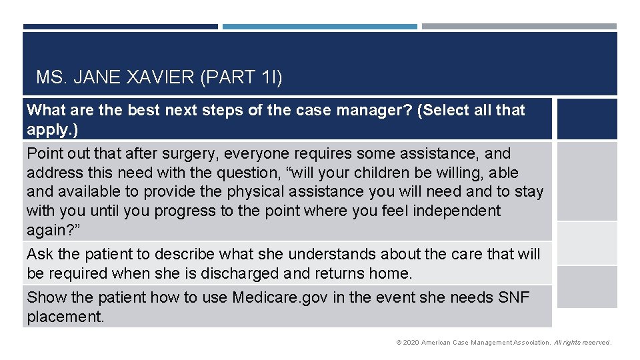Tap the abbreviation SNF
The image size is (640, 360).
514,297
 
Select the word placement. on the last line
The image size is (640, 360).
65,317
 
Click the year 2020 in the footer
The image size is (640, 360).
410,343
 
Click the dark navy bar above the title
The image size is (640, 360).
120,27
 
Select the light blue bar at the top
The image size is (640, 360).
319,27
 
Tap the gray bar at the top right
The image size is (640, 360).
519,27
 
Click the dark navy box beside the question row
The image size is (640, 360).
587,119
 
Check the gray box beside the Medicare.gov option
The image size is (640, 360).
587,287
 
